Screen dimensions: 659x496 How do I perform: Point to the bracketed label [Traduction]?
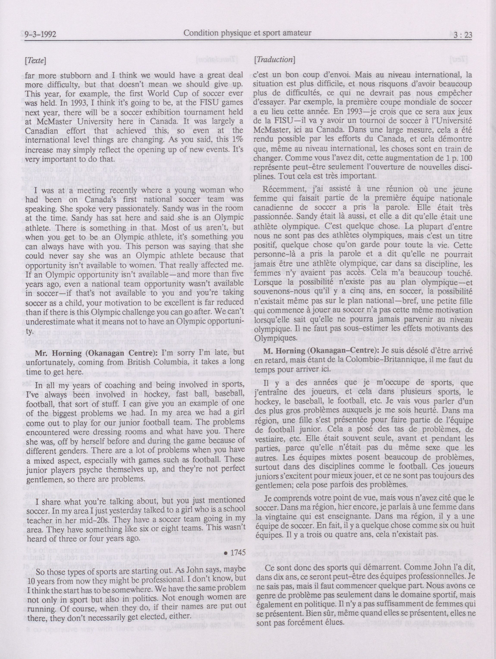(x=274, y=60)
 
